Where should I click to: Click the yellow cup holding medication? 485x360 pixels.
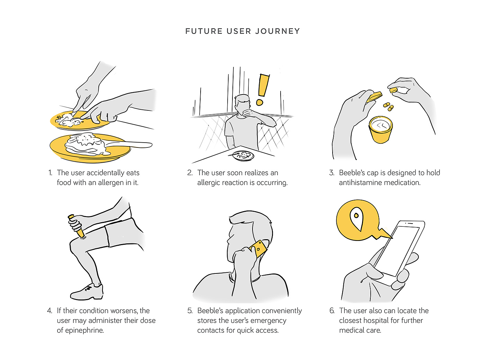(x=380, y=130)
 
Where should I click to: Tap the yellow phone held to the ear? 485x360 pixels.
(x=258, y=249)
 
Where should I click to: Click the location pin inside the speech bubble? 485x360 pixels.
(x=356, y=218)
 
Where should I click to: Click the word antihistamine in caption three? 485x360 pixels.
(x=361, y=182)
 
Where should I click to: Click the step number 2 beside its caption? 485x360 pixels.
(x=190, y=173)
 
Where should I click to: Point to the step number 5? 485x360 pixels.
(x=190, y=310)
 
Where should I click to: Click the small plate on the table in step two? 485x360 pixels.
(x=243, y=155)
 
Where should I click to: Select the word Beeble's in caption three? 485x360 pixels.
(x=352, y=173)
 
